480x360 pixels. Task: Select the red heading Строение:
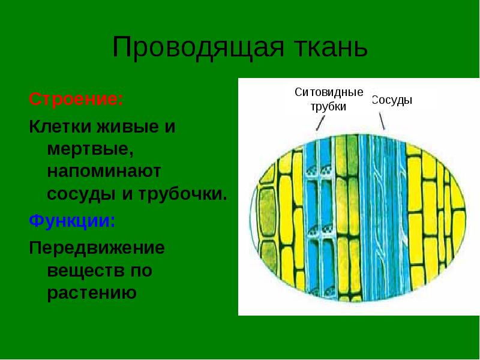click(x=76, y=99)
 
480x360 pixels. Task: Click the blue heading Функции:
click(x=72, y=220)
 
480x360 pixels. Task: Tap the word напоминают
click(x=104, y=171)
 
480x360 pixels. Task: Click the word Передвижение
click(x=97, y=248)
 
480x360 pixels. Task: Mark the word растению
click(x=92, y=293)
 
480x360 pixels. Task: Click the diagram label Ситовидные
click(x=329, y=92)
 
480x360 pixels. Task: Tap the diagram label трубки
click(x=328, y=107)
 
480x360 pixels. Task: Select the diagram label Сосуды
click(x=392, y=100)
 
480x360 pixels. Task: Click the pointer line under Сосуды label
click(x=382, y=121)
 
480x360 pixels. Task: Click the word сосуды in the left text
click(x=82, y=194)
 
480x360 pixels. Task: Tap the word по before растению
click(x=142, y=271)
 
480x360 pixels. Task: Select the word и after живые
click(x=170, y=127)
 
